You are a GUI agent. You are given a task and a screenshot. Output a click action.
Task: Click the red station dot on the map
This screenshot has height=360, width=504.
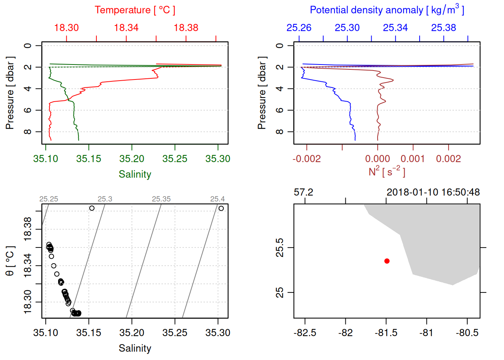tap(387, 261)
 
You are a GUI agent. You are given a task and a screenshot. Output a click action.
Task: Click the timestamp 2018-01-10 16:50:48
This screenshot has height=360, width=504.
tap(433, 192)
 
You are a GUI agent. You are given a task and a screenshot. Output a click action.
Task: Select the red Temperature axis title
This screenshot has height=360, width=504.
tap(135, 10)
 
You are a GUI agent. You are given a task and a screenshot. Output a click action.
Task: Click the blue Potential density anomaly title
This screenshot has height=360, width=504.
tap(387, 10)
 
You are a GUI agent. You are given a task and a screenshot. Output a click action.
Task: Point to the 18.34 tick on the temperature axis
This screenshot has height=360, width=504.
tap(126, 28)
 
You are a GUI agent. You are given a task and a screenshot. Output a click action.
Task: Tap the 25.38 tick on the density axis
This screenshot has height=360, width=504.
tap(444, 28)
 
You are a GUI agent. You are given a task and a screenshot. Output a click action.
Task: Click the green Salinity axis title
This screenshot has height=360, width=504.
tap(135, 174)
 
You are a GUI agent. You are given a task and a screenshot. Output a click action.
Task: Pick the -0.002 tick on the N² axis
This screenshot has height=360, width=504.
tap(307, 159)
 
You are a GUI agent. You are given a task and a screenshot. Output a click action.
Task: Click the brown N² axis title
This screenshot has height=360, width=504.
tap(387, 171)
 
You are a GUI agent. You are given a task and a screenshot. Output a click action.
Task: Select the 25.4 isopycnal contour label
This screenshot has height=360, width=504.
tap(217, 199)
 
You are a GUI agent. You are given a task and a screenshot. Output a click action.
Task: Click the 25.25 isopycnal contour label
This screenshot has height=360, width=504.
tap(49, 199)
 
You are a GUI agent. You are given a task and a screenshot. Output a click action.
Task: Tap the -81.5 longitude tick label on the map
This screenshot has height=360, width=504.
tap(386, 333)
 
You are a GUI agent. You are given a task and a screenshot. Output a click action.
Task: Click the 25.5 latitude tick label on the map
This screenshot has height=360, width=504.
tap(280, 247)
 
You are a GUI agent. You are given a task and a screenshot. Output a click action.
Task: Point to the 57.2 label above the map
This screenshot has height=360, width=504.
tap(303, 192)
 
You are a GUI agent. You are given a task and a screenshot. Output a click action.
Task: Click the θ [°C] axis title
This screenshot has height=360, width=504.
tap(10, 261)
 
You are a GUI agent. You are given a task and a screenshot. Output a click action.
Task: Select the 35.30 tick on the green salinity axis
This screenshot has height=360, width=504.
tap(218, 159)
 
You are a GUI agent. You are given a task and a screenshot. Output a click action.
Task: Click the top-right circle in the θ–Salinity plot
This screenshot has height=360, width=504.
tap(221, 208)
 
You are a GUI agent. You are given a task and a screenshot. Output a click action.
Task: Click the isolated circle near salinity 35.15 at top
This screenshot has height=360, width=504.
tap(92, 208)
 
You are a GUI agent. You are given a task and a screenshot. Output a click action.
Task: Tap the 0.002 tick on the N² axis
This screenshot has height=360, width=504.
tap(448, 159)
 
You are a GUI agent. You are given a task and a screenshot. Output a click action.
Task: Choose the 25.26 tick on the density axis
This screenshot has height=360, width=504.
tap(299, 28)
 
